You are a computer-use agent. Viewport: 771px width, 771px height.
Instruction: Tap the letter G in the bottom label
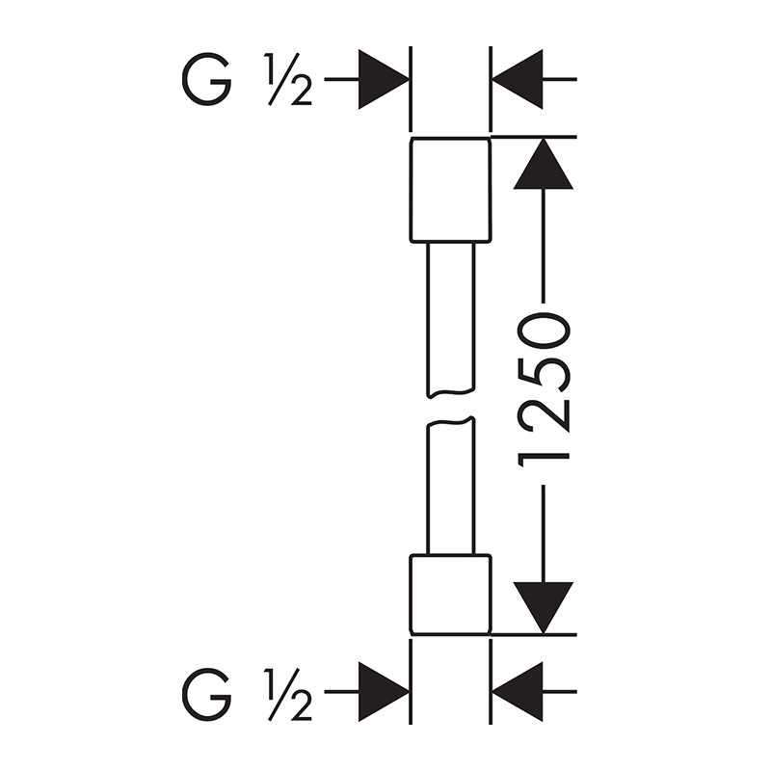[206, 692]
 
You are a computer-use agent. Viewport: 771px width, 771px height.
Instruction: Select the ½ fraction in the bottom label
[286, 692]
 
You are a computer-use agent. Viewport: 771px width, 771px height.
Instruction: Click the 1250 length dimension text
[545, 389]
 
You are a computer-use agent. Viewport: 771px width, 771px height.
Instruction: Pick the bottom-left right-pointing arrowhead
[383, 692]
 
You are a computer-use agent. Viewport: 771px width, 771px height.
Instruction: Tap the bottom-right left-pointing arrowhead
[518, 692]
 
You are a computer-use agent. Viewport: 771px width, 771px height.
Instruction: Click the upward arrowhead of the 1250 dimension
[544, 166]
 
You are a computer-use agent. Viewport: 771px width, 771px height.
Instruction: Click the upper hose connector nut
[450, 189]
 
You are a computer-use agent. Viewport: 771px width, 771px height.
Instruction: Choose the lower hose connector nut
[450, 595]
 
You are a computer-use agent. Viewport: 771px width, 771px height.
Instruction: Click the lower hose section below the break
[450, 487]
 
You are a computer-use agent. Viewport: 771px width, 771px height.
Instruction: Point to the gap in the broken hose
[450, 407]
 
